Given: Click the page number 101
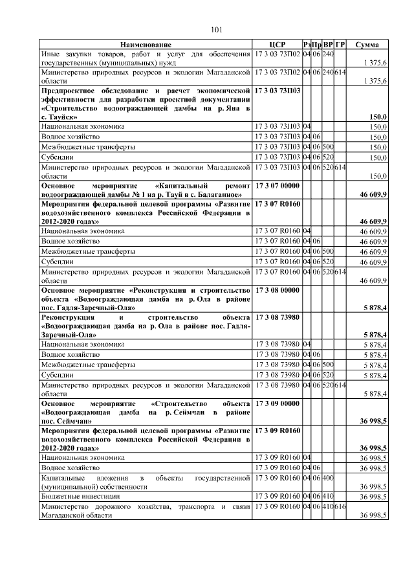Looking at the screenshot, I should pos(217,29).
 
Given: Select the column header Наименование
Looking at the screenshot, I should pos(146,44).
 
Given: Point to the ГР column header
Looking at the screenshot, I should pos(340,44).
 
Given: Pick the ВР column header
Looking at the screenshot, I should pos(328,44).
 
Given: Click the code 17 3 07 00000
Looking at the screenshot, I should pos(278,185).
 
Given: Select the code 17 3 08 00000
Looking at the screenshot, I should pos(278,290).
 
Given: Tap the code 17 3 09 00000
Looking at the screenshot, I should pos(278,403).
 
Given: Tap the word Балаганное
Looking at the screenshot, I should pos(219,194).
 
